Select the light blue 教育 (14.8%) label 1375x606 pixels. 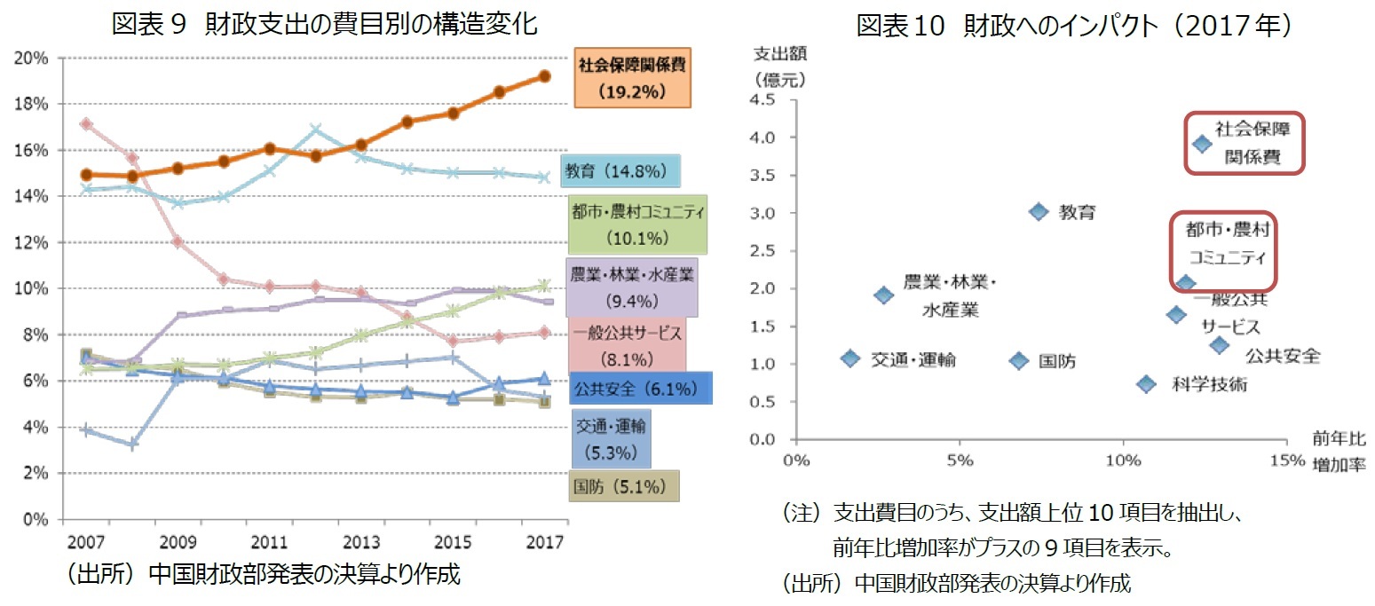[x=620, y=172]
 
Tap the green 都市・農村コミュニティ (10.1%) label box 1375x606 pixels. [x=639, y=224]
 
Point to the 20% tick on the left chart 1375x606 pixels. [x=33, y=58]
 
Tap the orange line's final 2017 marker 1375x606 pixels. [x=544, y=76]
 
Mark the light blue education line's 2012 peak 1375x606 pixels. [x=314, y=130]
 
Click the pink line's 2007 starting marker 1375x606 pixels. [x=85, y=124]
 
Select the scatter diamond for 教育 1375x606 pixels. [x=1039, y=211]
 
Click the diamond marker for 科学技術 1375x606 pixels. [x=1146, y=383]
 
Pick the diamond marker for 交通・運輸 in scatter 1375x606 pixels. [x=850, y=358]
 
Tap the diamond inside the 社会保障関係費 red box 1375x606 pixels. [x=1201, y=144]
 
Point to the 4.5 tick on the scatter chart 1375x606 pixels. [x=763, y=100]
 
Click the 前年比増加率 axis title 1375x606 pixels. [x=1340, y=450]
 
